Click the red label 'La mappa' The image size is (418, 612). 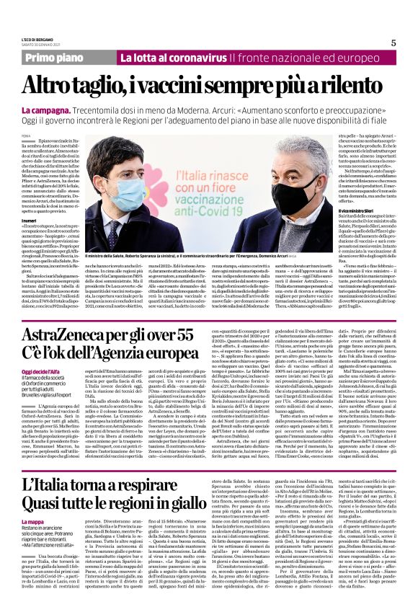click(x=32, y=541)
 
